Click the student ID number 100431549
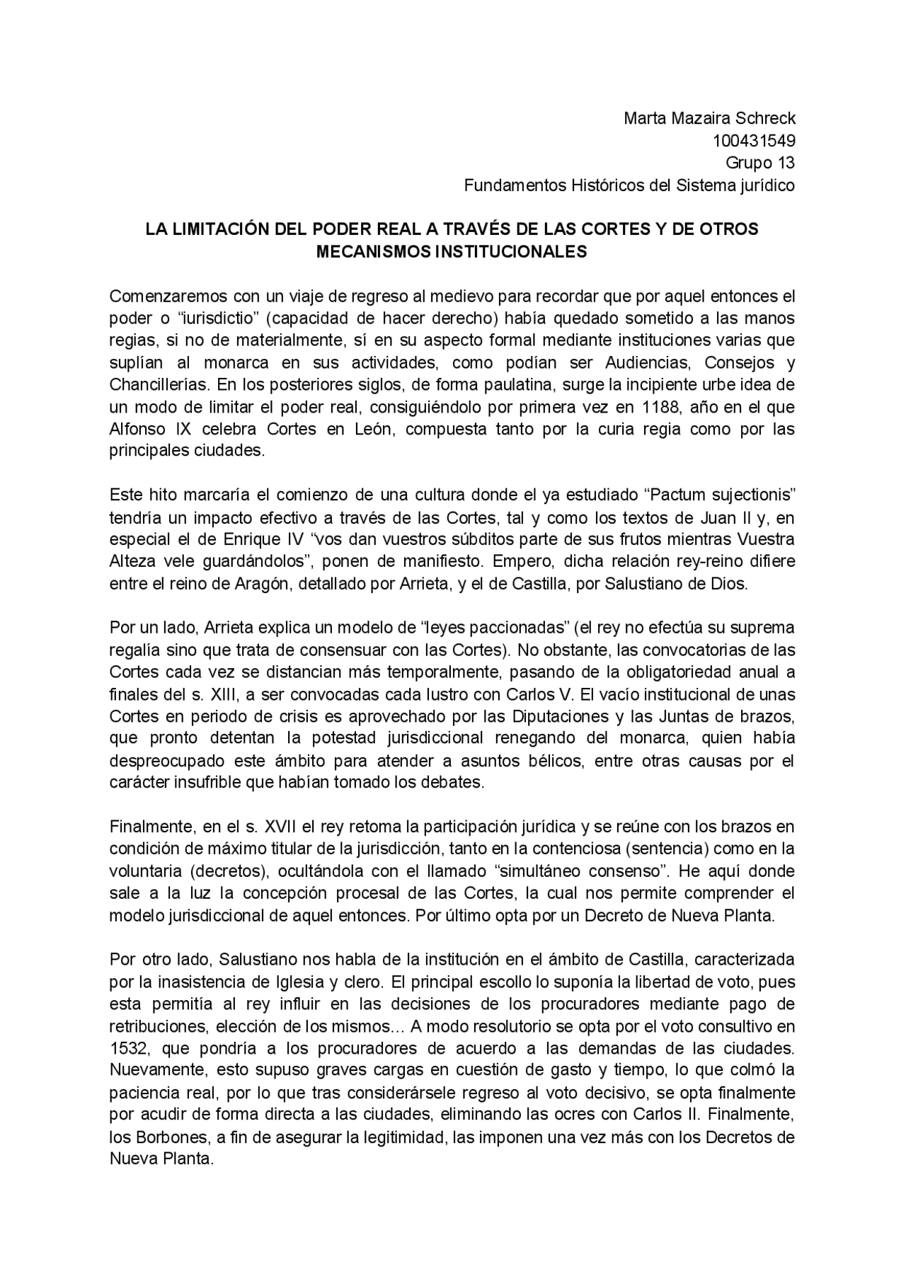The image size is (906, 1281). click(x=753, y=141)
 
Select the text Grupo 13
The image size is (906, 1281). click(x=760, y=163)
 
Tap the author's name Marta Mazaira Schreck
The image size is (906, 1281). click(x=709, y=118)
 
